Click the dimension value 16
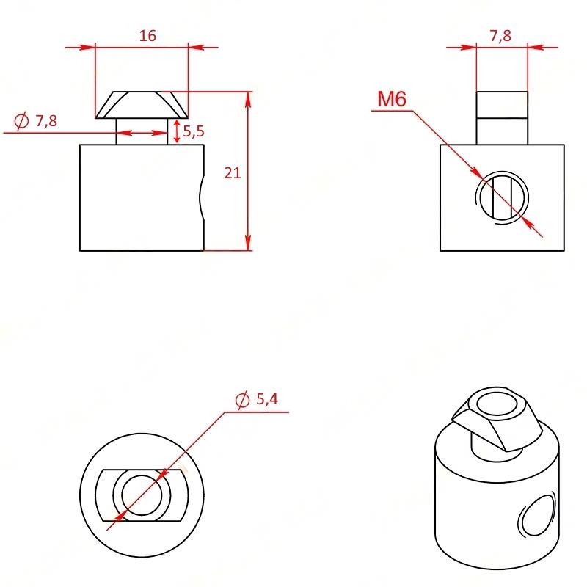click(x=147, y=36)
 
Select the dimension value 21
click(x=232, y=173)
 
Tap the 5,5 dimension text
click(x=194, y=131)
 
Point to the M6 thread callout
click(x=392, y=99)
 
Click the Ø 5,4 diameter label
click(x=256, y=399)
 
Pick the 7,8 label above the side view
click(x=500, y=36)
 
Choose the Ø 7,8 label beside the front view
click(x=35, y=120)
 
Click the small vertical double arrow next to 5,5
click(x=177, y=131)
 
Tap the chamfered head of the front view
click(x=142, y=105)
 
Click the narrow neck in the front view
click(x=142, y=131)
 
